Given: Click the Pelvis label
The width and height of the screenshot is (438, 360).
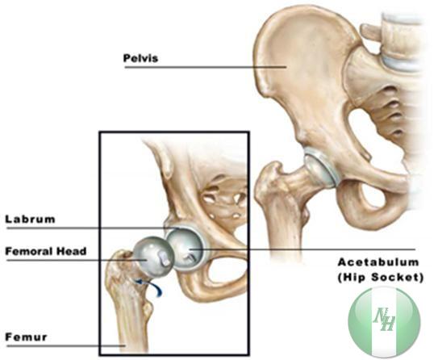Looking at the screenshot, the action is coord(140,58).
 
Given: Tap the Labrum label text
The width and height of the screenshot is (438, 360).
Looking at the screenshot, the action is coord(30,219).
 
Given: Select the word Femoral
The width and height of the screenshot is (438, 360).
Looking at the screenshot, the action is coord(29,251).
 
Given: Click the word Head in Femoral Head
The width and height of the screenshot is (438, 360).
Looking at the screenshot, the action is coord(71,251).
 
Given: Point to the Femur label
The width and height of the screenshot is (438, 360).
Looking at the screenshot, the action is coord(26,337).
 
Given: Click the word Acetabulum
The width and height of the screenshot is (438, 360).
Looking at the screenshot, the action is coord(378,262).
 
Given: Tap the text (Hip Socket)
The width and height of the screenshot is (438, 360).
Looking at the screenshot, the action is coord(381,278).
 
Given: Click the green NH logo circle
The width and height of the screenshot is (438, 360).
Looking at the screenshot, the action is coord(385,321).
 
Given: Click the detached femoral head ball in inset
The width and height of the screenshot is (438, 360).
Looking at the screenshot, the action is coord(153,257).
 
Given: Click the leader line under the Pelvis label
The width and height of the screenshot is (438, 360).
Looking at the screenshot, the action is coord(206,67).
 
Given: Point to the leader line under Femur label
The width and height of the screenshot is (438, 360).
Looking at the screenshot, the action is coord(65,346).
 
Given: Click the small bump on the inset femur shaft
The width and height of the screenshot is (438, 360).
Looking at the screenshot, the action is coord(148,308).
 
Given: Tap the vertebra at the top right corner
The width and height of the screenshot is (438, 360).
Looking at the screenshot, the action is coord(403,42).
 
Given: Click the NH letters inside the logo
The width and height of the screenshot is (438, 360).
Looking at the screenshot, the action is coord(385,319).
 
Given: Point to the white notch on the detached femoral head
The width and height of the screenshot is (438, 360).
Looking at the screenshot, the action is coord(164,257).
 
